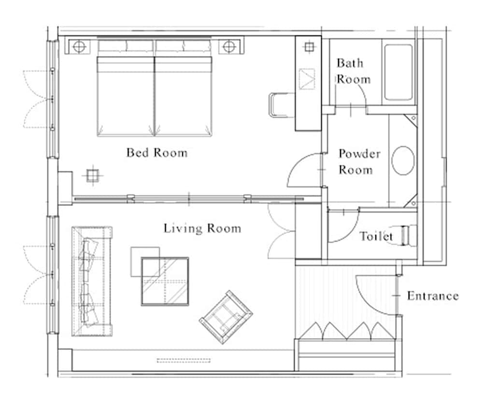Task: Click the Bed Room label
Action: click(x=156, y=153)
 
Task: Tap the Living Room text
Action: click(x=202, y=228)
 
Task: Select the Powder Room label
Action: click(x=358, y=162)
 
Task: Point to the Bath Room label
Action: click(x=353, y=71)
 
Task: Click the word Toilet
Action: click(x=376, y=236)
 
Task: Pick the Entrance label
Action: click(x=432, y=295)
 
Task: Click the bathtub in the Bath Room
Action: click(x=398, y=73)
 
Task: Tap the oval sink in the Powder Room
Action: click(x=403, y=161)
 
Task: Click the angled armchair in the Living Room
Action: click(x=226, y=317)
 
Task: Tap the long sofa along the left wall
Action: click(x=92, y=280)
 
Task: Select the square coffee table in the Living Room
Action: click(x=165, y=281)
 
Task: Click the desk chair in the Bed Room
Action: click(x=278, y=104)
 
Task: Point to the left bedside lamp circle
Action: click(x=80, y=47)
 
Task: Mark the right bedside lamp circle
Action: click(x=228, y=47)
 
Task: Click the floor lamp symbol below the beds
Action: click(x=91, y=175)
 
